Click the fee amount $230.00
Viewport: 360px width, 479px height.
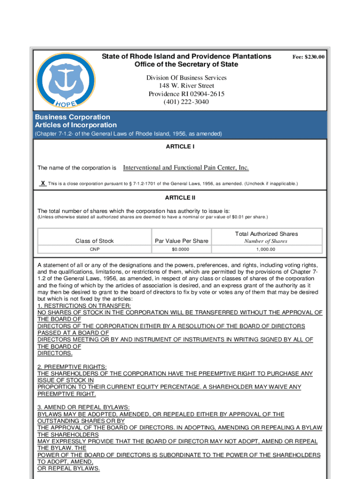309,57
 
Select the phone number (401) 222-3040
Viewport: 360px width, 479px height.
186,102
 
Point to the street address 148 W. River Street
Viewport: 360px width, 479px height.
186,86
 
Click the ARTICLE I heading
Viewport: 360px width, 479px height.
180,146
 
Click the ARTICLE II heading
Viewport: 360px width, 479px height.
180,197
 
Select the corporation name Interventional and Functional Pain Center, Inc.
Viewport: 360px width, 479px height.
186,167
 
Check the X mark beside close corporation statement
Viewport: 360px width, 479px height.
43,183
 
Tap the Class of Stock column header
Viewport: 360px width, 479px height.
94,241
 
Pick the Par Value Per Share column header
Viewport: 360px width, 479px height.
181,241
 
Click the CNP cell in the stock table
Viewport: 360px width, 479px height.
94,250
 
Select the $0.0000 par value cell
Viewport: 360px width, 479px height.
181,250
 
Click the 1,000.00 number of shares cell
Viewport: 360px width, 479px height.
266,250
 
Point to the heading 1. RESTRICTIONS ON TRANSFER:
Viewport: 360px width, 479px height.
78,306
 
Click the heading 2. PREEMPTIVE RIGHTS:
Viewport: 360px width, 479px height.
72,367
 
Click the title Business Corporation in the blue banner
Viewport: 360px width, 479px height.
72,117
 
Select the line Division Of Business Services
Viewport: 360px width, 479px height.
186,78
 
